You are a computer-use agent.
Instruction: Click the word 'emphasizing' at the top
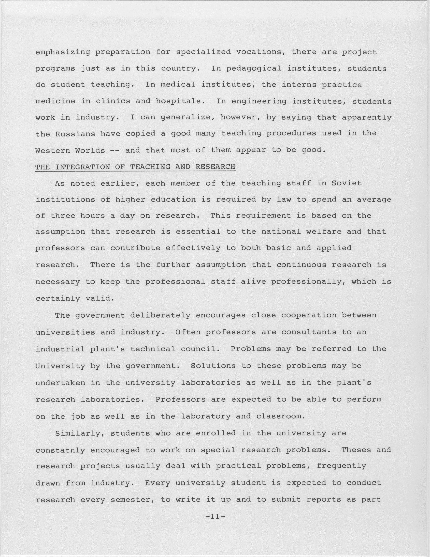point(63,52)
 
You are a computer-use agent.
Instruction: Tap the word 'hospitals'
point(180,101)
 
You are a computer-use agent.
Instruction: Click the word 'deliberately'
point(160,315)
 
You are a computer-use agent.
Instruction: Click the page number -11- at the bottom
point(215,517)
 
